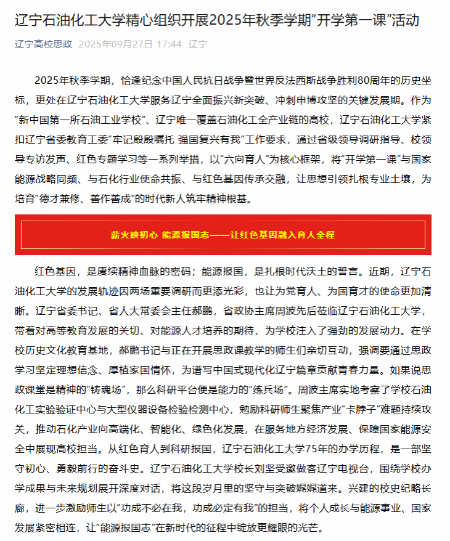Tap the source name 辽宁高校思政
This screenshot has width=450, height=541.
click(x=43, y=44)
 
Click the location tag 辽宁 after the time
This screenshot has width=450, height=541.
click(x=198, y=44)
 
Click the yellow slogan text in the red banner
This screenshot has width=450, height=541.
click(x=223, y=235)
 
